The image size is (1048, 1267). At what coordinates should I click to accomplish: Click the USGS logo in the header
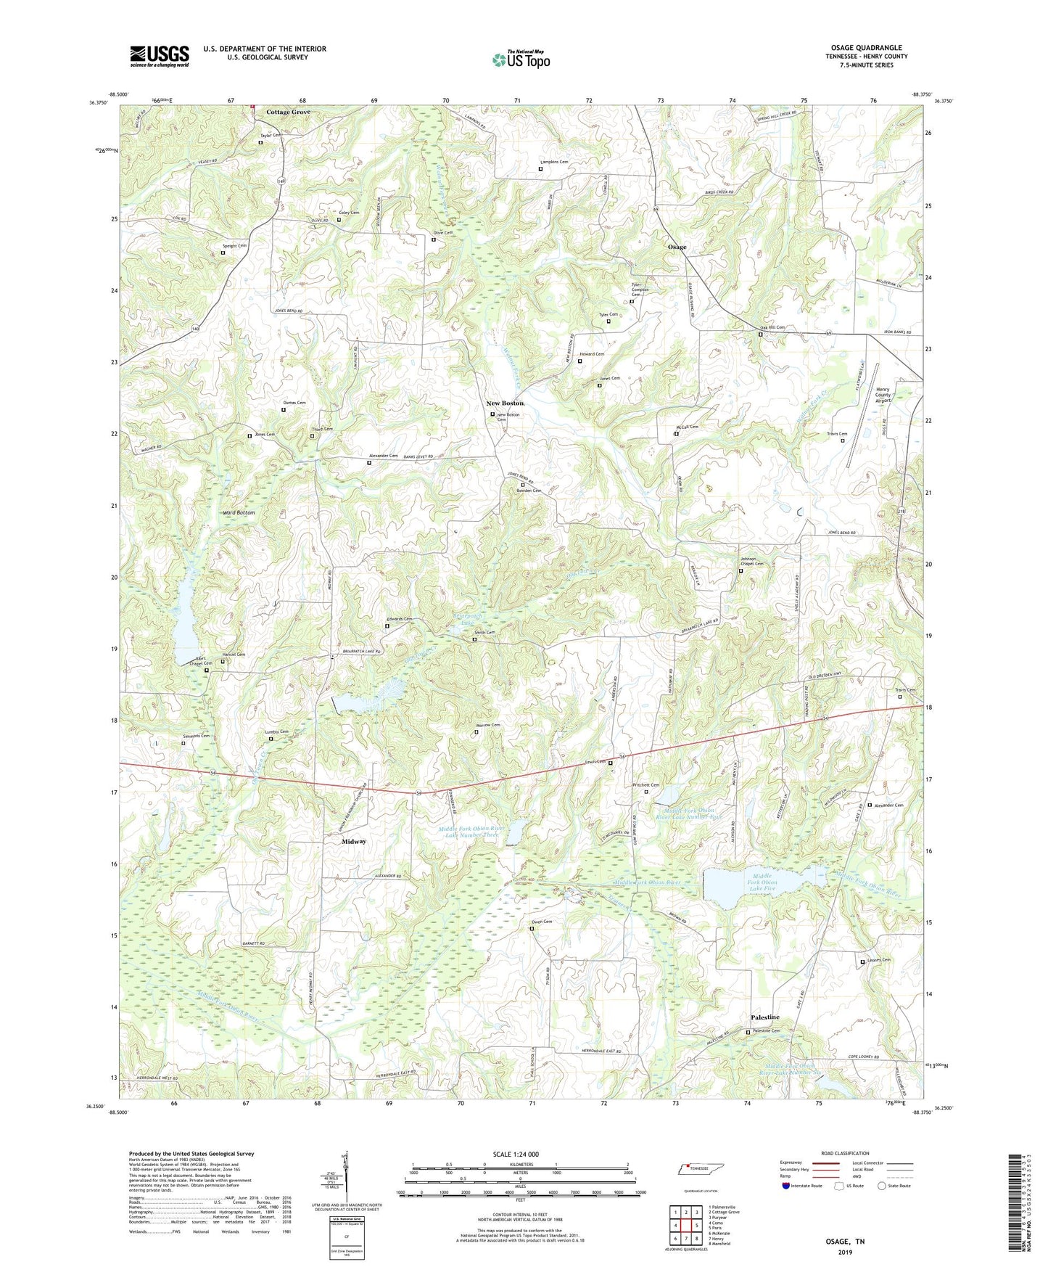[x=160, y=56]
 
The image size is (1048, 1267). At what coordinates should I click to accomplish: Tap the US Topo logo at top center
[x=521, y=59]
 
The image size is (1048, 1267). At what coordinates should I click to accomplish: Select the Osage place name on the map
[x=677, y=247]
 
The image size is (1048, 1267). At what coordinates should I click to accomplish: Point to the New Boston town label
[x=505, y=403]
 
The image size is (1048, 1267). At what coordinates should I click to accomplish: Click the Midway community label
[x=354, y=842]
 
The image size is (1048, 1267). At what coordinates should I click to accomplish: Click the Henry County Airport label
[x=883, y=395]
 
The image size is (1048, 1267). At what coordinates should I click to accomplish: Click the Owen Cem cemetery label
[x=542, y=922]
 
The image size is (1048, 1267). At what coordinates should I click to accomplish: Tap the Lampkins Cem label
[x=554, y=163]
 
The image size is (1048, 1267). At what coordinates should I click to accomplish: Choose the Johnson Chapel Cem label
[x=752, y=561]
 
